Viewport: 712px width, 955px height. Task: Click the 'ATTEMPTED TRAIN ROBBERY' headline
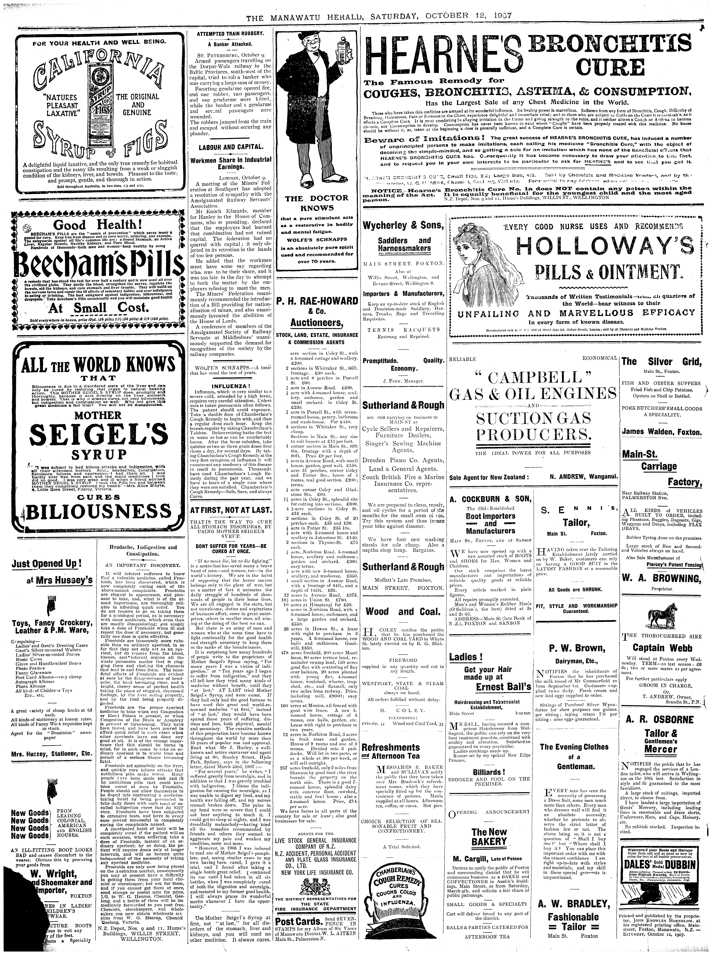coord(231,34)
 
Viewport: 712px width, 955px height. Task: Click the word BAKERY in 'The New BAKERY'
coord(489,841)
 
